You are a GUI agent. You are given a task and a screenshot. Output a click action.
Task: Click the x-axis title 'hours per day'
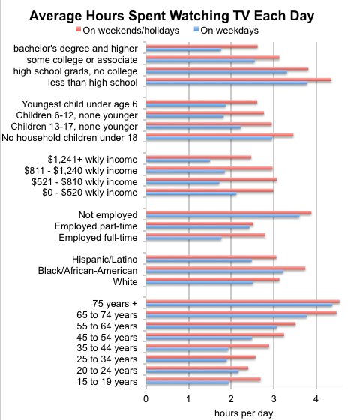tap(232, 412)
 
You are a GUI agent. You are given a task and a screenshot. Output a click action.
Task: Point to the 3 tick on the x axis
tap(274, 397)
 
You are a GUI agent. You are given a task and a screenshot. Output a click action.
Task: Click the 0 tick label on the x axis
tap(146, 397)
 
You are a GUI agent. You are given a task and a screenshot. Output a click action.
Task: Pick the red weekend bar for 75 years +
tap(242, 301)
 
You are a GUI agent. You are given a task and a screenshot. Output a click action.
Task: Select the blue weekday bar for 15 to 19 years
tap(187, 383)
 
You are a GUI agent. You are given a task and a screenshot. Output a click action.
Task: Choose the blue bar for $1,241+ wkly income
tap(178, 161)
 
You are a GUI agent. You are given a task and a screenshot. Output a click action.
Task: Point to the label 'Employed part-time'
tap(97, 226)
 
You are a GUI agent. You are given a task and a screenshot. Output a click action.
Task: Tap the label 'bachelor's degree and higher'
tap(77, 49)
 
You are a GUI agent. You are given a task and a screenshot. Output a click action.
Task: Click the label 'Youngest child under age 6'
tap(81, 103)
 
